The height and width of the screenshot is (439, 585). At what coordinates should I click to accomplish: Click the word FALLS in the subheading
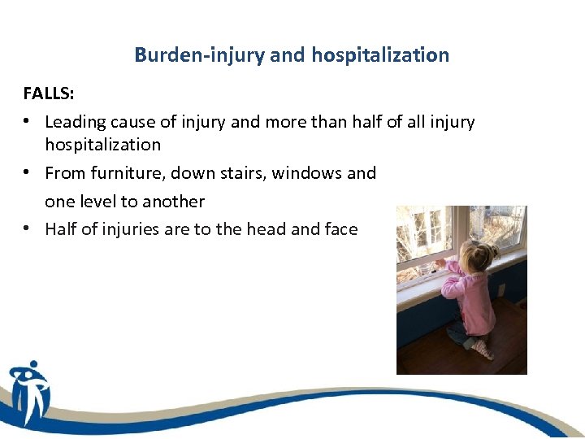(47, 93)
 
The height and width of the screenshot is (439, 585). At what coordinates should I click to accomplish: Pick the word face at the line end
(340, 229)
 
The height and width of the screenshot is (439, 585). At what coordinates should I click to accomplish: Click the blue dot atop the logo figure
(32, 365)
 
